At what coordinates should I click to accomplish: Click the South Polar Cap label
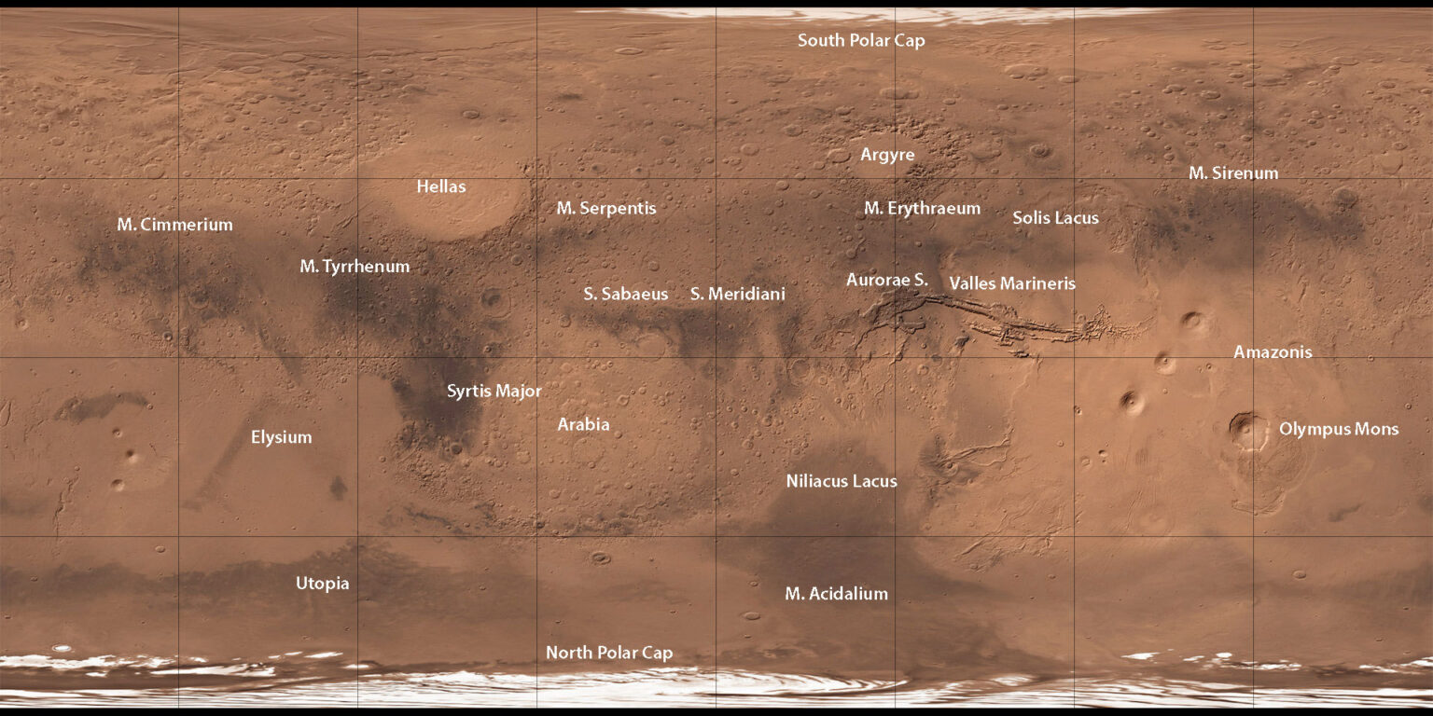coord(861,41)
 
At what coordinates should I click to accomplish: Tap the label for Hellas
coord(441,186)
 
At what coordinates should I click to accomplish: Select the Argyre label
coord(887,155)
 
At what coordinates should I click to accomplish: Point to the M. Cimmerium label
coord(174,225)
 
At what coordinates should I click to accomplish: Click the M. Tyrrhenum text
coord(355,267)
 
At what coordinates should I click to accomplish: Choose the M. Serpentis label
coord(606,208)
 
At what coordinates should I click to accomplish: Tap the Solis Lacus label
coord(1055,218)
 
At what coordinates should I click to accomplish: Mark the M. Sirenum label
coord(1233,173)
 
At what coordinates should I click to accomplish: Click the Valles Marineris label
coord(1012,283)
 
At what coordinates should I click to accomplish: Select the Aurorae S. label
coord(887,280)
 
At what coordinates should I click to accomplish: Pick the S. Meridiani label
coord(737,294)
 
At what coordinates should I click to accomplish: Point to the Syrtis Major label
coord(494,391)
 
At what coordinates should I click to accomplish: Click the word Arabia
coord(583,425)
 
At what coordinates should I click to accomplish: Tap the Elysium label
coord(281,437)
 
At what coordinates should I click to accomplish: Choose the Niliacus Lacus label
coord(842,481)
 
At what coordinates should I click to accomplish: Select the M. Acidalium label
coord(836,594)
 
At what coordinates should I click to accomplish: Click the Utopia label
coord(323,584)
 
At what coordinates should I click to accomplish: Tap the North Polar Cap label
coord(608,653)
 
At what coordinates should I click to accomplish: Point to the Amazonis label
coord(1273,352)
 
